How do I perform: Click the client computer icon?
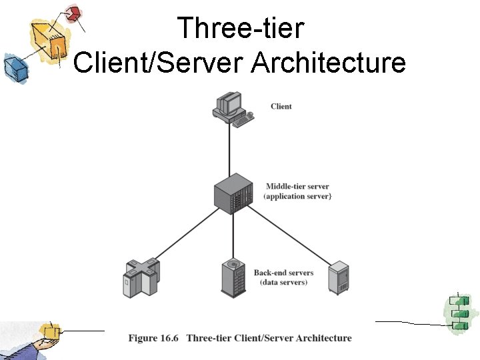(233, 108)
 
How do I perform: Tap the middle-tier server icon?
(233, 193)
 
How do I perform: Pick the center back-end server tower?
(234, 277)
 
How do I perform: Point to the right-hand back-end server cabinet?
(339, 277)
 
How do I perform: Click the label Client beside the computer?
(281, 107)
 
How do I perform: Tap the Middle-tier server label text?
(297, 187)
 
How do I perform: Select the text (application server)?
(297, 197)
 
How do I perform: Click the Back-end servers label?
(283, 273)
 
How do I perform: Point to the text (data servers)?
(283, 283)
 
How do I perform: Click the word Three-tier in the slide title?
(240, 28)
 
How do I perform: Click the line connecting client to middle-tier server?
(231, 150)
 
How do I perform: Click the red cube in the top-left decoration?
(74, 13)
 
